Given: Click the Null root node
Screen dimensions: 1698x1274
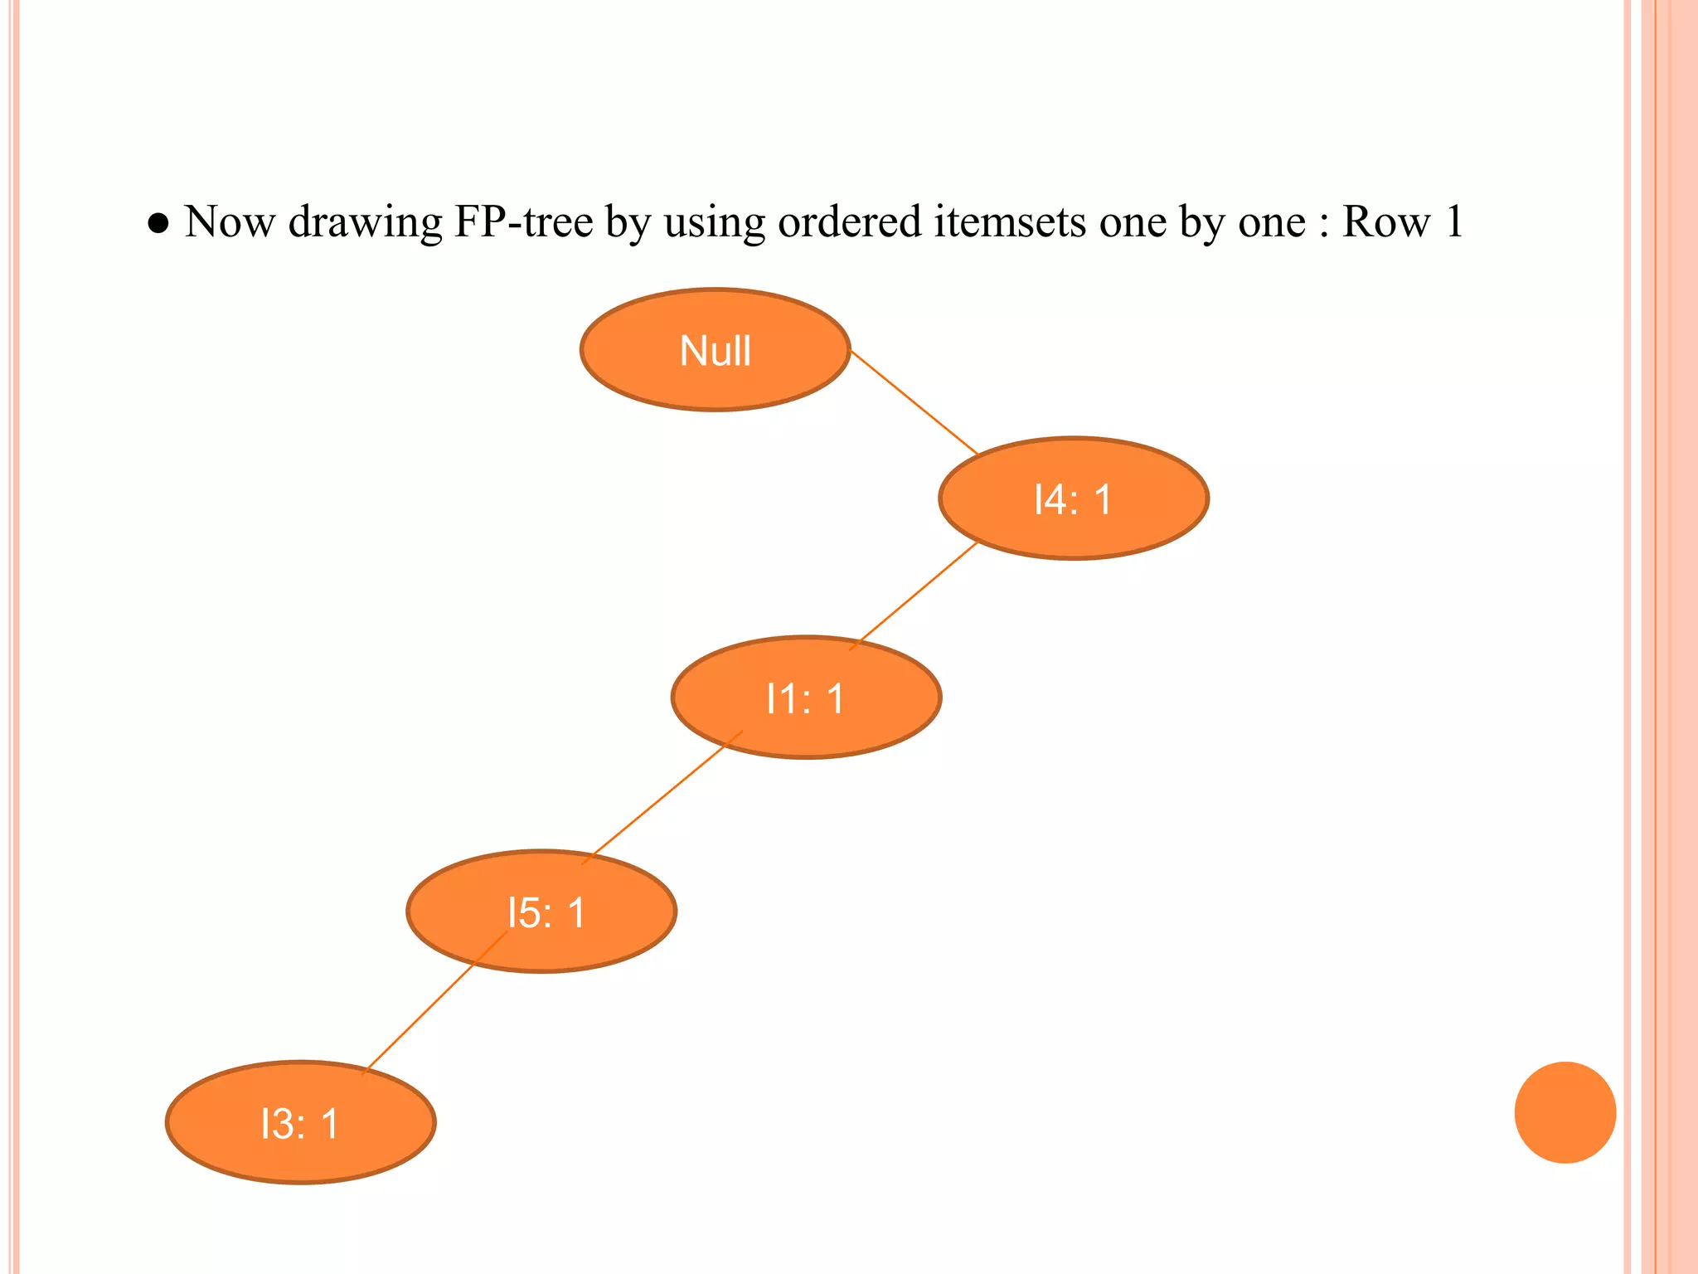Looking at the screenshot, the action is pos(715,350).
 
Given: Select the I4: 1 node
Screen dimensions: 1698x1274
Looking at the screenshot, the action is pos(1073,498).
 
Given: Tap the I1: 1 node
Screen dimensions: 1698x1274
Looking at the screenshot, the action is pos(806,698).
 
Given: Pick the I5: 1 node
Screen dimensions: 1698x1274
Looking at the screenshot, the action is pos(542,912).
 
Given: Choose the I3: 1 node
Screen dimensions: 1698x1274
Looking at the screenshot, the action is pos(300,1123).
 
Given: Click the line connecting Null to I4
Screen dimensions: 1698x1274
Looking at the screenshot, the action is pos(914,402).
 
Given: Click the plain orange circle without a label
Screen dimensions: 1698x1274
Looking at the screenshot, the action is pos(1565,1112).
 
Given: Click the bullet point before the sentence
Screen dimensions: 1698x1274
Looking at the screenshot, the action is pos(158,224).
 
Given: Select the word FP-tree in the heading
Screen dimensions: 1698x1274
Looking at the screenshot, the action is pos(523,222).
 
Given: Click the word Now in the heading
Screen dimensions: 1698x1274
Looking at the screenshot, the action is pos(230,222).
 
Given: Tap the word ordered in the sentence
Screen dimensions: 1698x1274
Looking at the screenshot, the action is pos(849,222).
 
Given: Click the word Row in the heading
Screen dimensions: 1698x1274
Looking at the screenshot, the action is pos(1385,222).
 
